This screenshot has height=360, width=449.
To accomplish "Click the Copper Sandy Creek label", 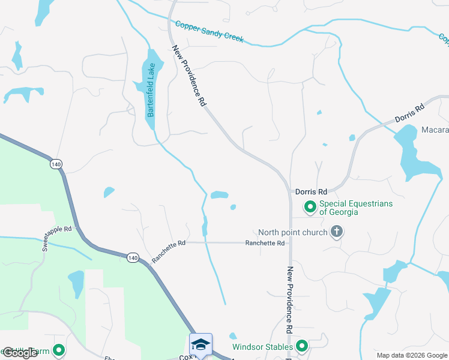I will pyautogui.click(x=209, y=32).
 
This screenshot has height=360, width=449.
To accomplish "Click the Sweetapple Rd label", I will pyautogui.click(x=57, y=229).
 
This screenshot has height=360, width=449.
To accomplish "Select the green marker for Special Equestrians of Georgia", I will pyautogui.click(x=310, y=208).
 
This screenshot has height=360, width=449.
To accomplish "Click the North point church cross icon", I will pyautogui.click(x=337, y=232).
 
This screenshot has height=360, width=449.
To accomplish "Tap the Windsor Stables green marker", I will pyautogui.click(x=302, y=346).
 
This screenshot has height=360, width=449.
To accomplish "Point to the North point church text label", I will pyautogui.click(x=293, y=232).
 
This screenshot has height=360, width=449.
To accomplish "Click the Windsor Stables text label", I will pyautogui.click(x=263, y=347).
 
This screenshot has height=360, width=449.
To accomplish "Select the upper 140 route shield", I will pyautogui.click(x=56, y=164).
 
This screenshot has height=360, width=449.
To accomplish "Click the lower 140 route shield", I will pyautogui.click(x=133, y=257).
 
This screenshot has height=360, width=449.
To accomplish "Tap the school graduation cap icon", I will pyautogui.click(x=200, y=344).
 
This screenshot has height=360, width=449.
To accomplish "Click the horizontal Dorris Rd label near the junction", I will pyautogui.click(x=311, y=192).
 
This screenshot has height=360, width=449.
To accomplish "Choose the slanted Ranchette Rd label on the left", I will pyautogui.click(x=169, y=251).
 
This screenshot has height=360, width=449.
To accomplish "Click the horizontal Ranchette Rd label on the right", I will pyautogui.click(x=265, y=243).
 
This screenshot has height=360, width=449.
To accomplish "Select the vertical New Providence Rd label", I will pyautogui.click(x=289, y=300).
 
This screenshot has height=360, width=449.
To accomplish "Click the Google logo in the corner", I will pyautogui.click(x=20, y=353).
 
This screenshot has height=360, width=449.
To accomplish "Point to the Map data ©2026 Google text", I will pyautogui.click(x=411, y=355).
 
